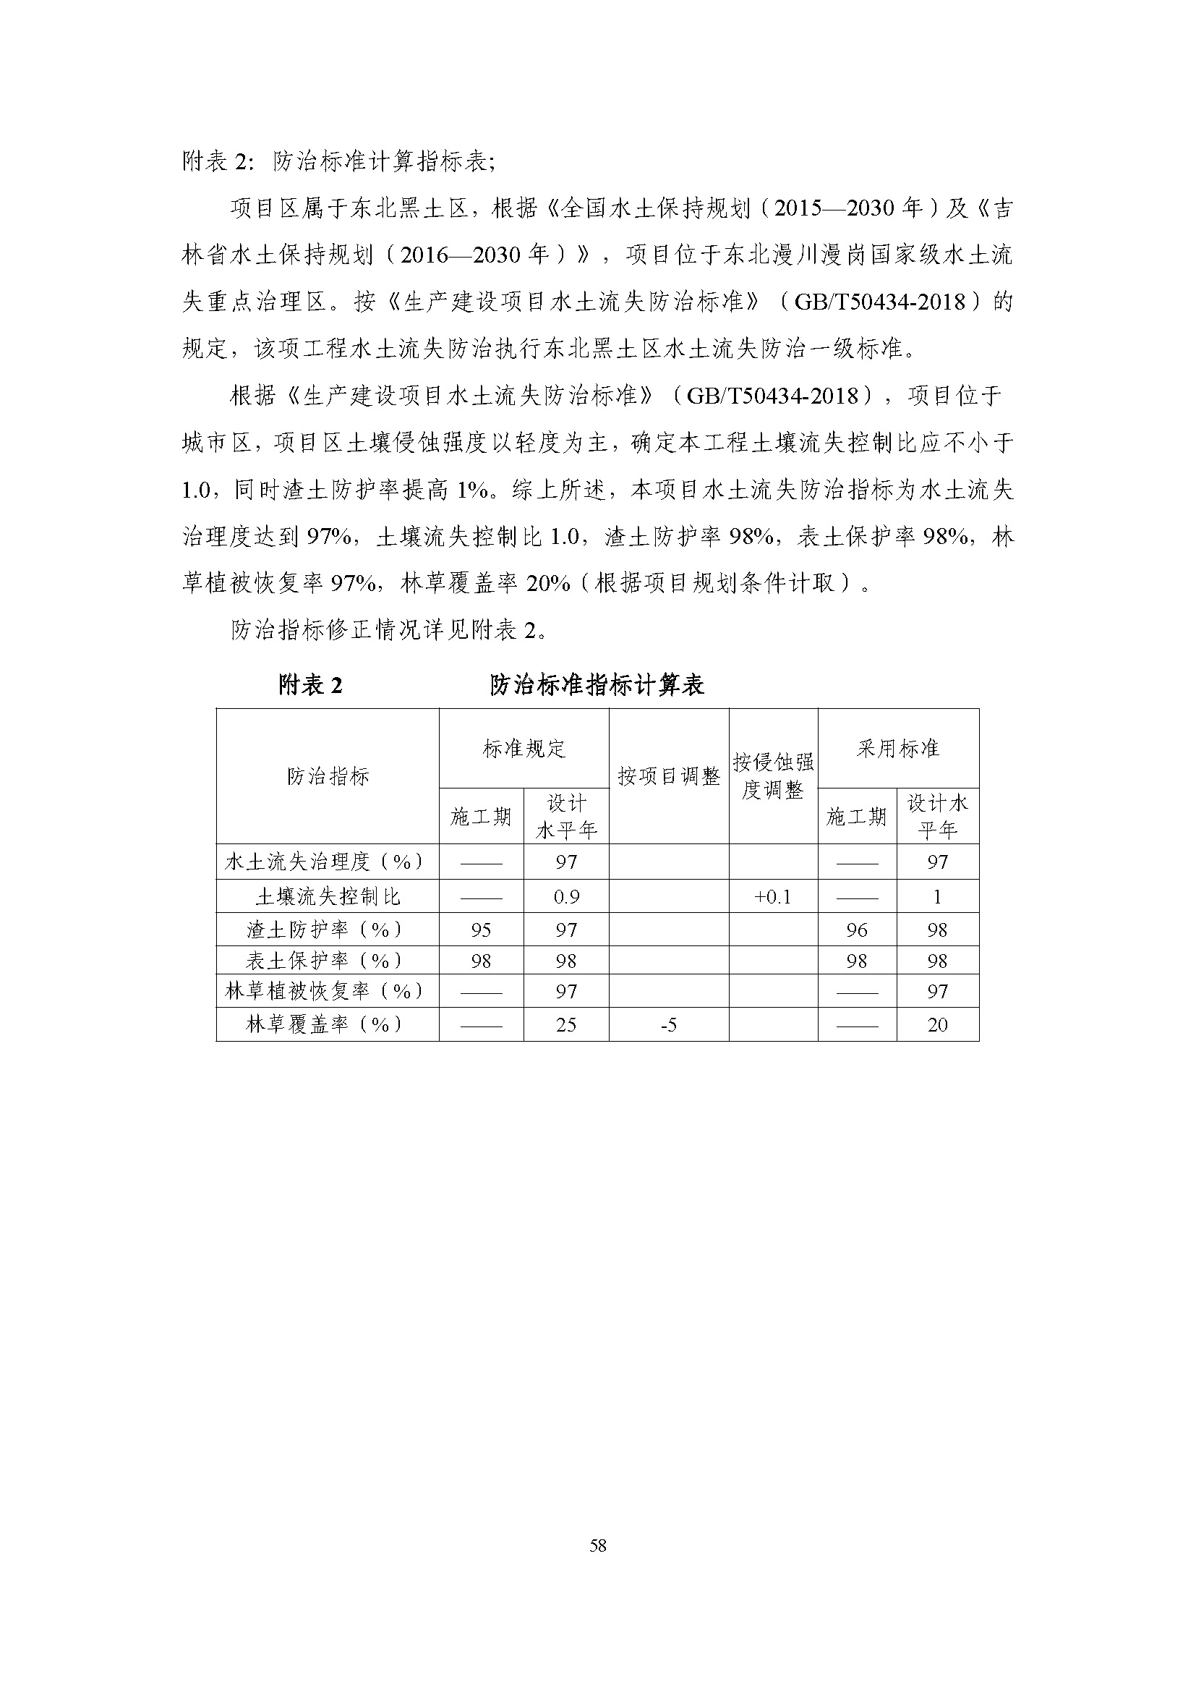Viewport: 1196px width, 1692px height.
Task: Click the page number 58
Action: (597, 1546)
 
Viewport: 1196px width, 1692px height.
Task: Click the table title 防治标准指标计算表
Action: (597, 685)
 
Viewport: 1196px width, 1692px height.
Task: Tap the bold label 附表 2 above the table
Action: (310, 685)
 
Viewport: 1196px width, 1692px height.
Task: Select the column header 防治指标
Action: (328, 776)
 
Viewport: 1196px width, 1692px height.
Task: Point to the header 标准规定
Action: (524, 749)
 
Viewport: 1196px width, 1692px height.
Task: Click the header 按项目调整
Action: (669, 776)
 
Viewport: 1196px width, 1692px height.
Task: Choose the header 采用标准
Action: (898, 749)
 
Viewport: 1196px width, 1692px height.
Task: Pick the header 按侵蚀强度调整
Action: (773, 776)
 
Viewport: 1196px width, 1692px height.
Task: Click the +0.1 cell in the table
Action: (772, 897)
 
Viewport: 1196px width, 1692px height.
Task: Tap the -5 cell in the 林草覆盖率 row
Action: (669, 1024)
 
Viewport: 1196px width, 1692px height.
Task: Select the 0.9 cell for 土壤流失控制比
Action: (566, 897)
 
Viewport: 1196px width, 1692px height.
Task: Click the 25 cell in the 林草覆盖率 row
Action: (566, 1024)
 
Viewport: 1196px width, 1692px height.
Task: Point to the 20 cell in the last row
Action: (938, 1024)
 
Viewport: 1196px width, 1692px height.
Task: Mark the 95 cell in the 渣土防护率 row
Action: (481, 930)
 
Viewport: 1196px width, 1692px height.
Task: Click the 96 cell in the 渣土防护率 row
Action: (856, 930)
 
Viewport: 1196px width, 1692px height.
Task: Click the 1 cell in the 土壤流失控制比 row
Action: (938, 897)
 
